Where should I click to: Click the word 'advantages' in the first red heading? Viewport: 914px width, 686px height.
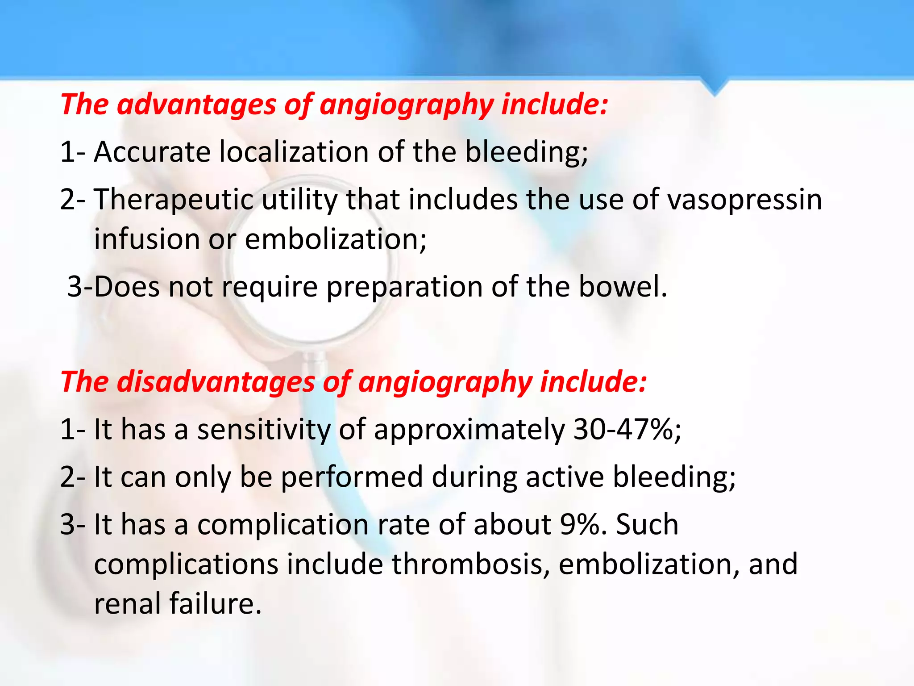pyautogui.click(x=197, y=105)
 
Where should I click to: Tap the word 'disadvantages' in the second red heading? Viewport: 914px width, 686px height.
pyautogui.click(x=216, y=383)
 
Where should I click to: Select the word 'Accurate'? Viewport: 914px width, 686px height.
pyautogui.click(x=152, y=152)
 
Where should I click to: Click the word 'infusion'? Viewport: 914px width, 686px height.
pyautogui.click(x=147, y=239)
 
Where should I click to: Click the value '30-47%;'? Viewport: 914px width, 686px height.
pyautogui.click(x=627, y=430)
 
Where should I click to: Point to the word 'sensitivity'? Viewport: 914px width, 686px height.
pyautogui.click(x=264, y=430)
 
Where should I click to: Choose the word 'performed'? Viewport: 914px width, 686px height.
pyautogui.click(x=352, y=477)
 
